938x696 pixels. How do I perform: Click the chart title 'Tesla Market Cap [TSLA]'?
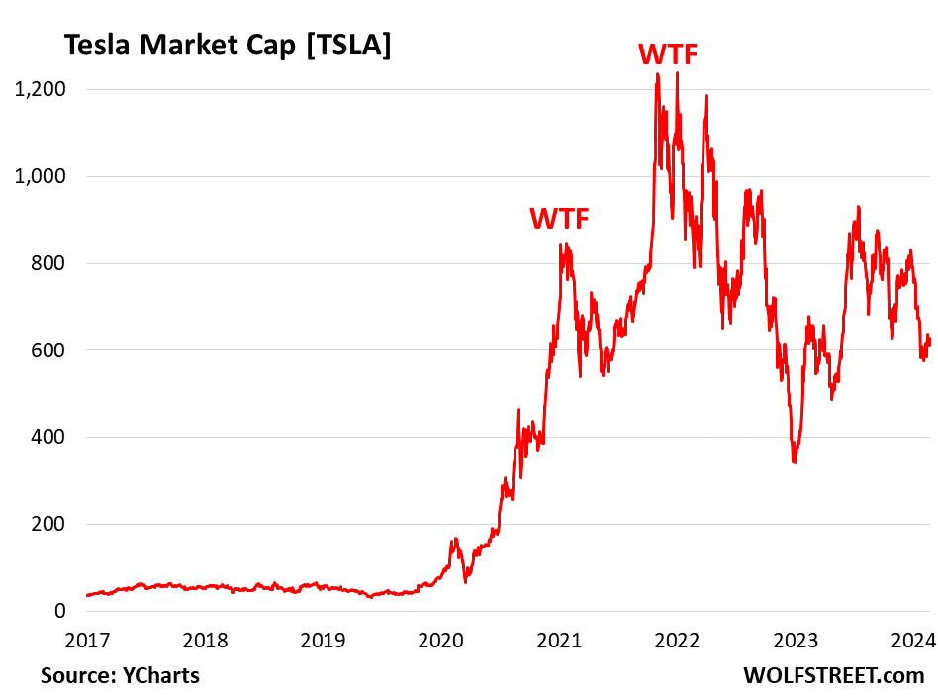(228, 46)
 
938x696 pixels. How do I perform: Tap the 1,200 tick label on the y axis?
(41, 89)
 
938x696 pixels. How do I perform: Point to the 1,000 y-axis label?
(41, 176)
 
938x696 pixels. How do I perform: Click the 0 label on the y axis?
(59, 611)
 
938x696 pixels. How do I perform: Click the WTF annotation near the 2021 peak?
(559, 218)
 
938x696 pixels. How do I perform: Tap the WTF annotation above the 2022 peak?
(668, 52)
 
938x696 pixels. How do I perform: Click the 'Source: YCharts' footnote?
(120, 675)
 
